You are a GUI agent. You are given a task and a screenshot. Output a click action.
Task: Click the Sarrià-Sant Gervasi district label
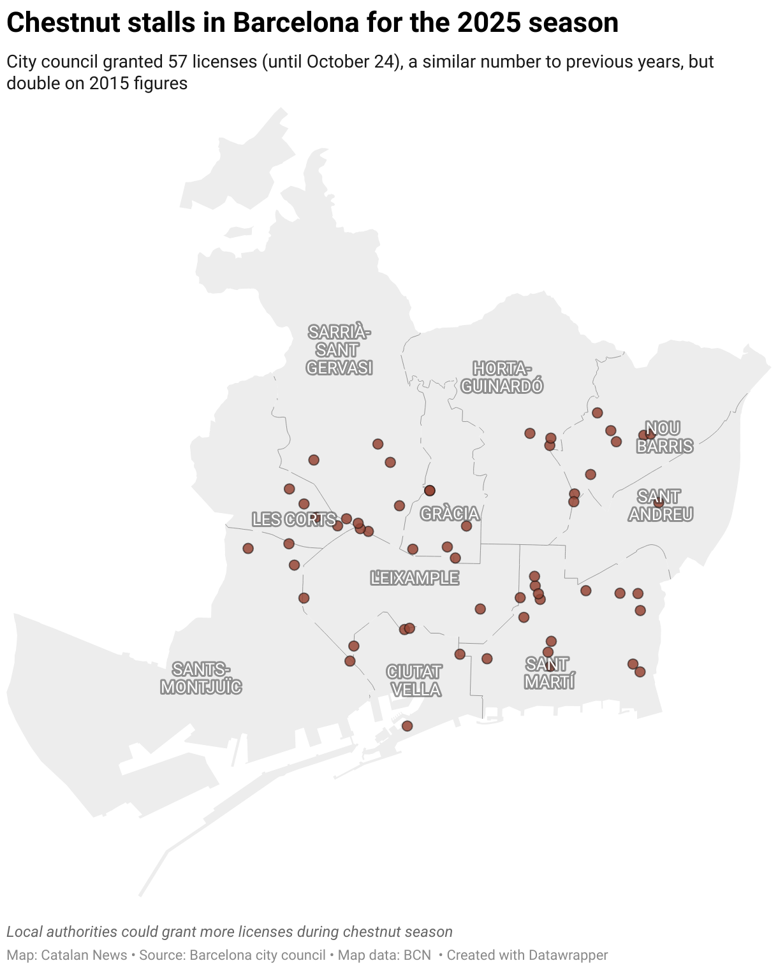(339, 350)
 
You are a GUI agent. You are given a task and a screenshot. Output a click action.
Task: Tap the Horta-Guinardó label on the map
(502, 377)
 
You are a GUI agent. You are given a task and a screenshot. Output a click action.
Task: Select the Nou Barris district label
(664, 437)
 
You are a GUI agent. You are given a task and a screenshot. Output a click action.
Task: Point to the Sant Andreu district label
(660, 505)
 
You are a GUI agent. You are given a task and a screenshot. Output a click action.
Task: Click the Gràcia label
(450, 514)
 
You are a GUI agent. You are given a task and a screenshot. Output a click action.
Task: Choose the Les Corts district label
(294, 519)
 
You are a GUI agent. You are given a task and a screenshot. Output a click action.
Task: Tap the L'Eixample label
(415, 578)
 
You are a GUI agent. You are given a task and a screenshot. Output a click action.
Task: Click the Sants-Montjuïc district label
(201, 678)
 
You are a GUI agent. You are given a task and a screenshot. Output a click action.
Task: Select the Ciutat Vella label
(415, 681)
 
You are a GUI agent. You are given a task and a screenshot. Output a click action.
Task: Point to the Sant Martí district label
(549, 673)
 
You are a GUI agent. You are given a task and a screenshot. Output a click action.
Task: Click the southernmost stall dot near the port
(407, 726)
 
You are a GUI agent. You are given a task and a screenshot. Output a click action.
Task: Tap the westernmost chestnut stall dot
(248, 548)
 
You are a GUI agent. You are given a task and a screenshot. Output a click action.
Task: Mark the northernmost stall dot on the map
(597, 413)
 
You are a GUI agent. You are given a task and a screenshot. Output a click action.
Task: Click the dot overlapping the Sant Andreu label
(659, 502)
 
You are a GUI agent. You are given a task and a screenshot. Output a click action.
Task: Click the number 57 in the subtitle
(178, 62)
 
